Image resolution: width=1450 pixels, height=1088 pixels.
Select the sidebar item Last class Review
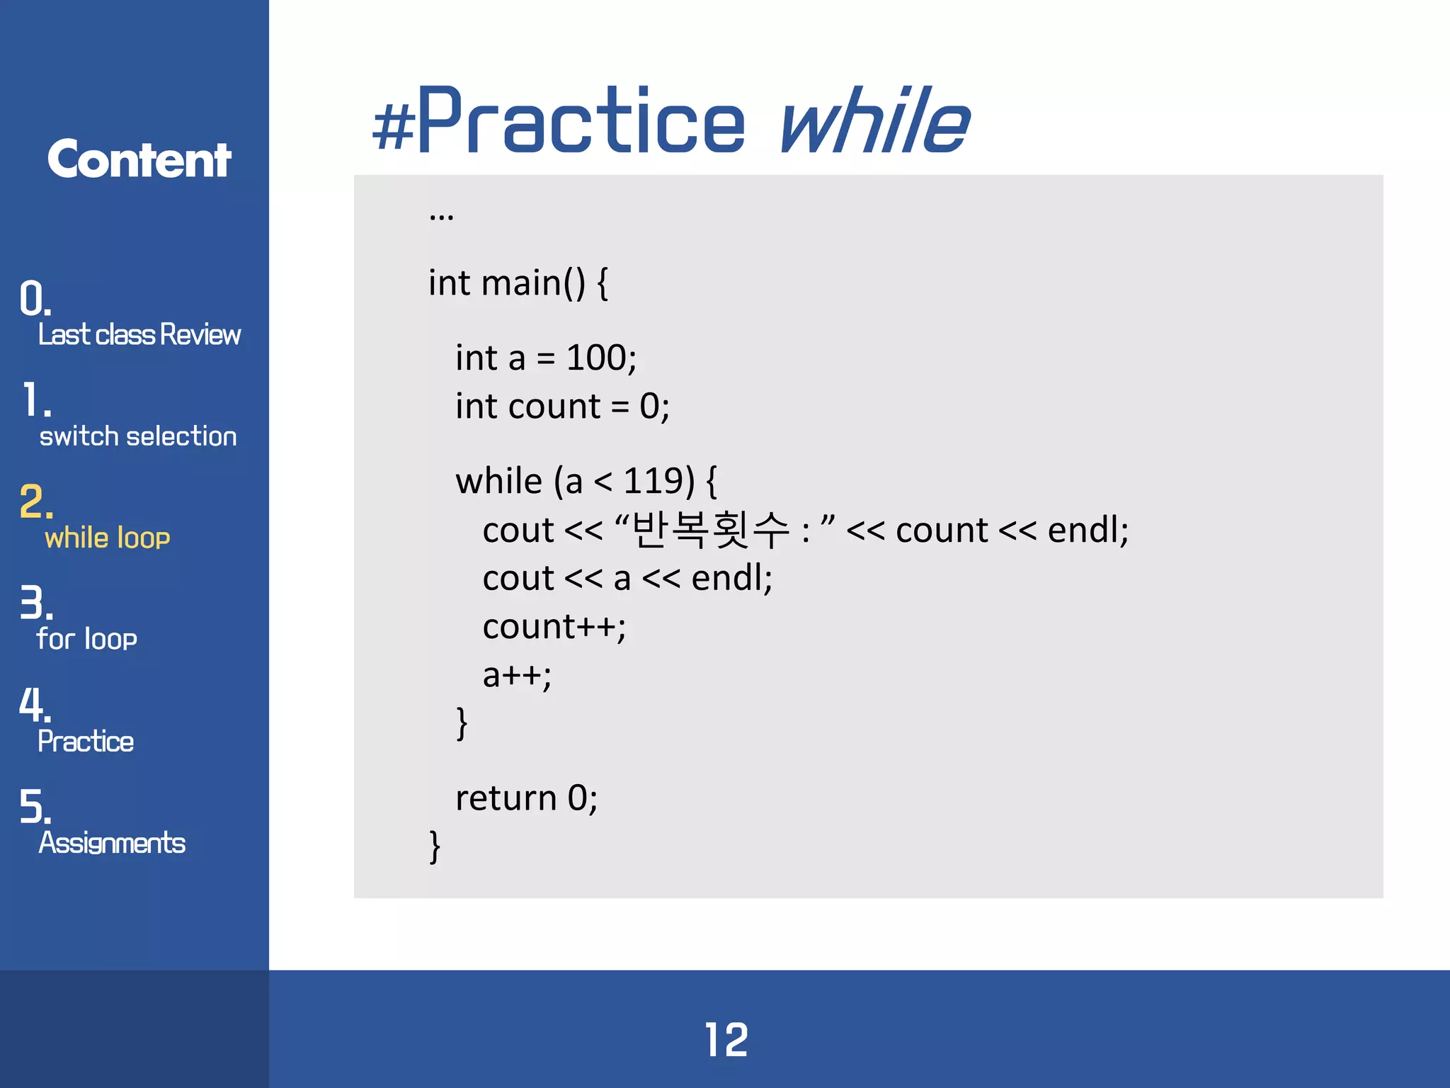139,334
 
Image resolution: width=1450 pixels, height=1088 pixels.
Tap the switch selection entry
138,436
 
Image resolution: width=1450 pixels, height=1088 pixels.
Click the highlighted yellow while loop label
108,538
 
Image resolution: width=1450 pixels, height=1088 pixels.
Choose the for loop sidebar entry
86,639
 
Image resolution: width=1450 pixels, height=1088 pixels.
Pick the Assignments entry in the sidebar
112,843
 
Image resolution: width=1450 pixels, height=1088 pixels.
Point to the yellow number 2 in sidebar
35,501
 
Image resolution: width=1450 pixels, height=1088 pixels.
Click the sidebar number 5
34,807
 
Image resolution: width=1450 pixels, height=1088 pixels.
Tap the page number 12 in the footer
726,1040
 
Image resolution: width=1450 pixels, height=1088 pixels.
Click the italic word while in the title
874,120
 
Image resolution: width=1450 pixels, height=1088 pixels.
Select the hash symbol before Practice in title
394,126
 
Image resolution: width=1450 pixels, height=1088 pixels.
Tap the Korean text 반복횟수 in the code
709,529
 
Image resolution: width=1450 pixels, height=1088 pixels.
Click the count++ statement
554,627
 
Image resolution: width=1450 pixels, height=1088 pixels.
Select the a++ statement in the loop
517,675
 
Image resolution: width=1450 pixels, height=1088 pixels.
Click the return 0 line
526,798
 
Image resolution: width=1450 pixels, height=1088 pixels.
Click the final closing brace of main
435,846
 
